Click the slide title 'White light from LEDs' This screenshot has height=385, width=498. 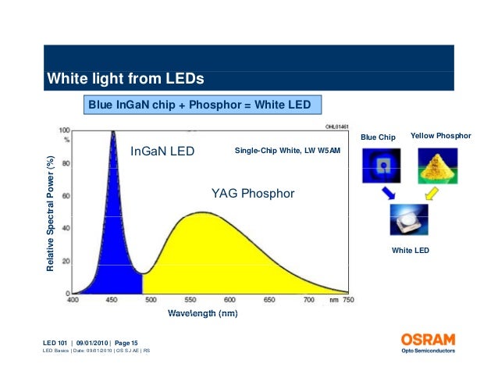point(126,79)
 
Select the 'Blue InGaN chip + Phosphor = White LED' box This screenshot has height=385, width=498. point(199,105)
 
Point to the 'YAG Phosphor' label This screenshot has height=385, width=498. point(253,193)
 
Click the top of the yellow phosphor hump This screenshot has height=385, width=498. point(204,212)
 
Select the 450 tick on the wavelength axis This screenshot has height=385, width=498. point(112,300)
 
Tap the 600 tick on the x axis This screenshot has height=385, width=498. point(230,300)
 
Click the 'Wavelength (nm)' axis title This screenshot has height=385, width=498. point(202,314)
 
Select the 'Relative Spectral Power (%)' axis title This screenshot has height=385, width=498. point(51,213)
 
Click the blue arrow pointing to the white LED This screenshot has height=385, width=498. point(390,194)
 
